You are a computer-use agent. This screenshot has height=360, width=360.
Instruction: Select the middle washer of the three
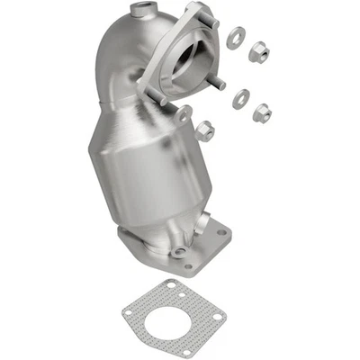click(x=240, y=98)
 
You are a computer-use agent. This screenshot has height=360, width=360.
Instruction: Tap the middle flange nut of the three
click(x=263, y=112)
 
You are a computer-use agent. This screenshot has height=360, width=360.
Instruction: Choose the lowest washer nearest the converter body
click(x=184, y=113)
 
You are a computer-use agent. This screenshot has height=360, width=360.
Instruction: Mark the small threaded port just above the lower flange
click(x=179, y=251)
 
